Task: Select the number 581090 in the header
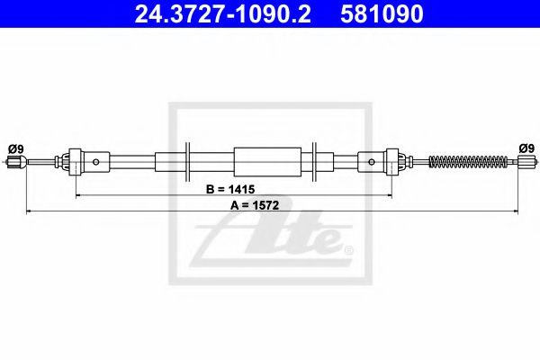tap(379, 15)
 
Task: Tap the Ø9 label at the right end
tap(526, 148)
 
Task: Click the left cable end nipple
tap(13, 162)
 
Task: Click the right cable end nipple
tap(527, 162)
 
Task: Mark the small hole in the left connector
tap(96, 162)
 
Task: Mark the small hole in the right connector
tap(373, 162)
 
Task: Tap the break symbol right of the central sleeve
tap(312, 162)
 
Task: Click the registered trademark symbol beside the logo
tap(348, 249)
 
